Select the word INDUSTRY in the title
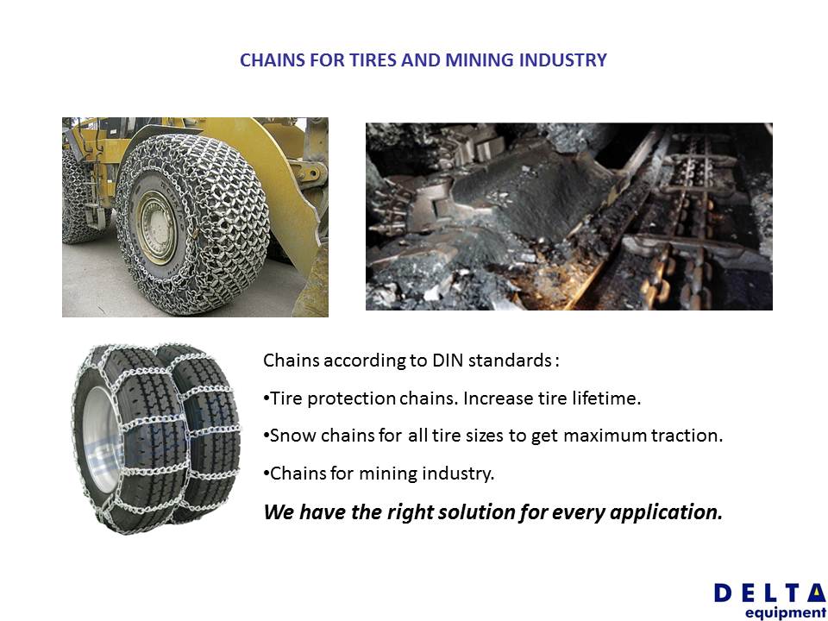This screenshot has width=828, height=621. [x=563, y=60]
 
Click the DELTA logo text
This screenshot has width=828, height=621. [x=770, y=593]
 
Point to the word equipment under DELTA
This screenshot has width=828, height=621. [x=786, y=612]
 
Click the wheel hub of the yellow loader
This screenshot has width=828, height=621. [x=157, y=228]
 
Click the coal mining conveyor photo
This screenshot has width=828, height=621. [x=568, y=216]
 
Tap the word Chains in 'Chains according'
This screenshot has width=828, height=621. [x=291, y=361]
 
